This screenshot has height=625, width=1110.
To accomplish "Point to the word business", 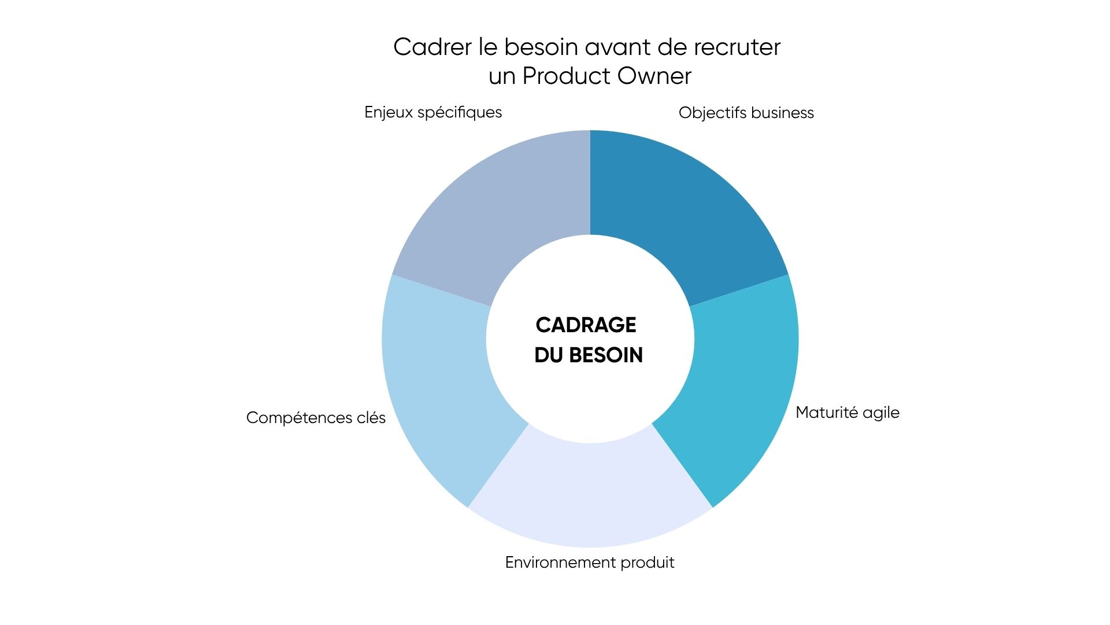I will point(782,113).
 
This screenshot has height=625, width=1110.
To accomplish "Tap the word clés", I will point(371,418).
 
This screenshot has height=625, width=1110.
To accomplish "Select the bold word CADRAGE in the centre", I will point(586,325).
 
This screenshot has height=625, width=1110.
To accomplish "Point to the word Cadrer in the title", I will point(432,47).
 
